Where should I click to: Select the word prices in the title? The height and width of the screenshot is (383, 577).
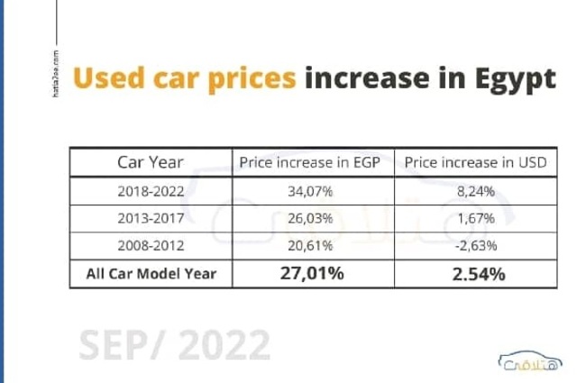[252, 79]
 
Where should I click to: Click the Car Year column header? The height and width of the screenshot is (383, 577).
[151, 163]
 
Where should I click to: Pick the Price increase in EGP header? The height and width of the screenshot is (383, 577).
[312, 163]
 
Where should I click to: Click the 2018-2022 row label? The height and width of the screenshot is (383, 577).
[151, 191]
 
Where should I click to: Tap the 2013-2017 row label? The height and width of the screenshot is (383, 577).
[151, 218]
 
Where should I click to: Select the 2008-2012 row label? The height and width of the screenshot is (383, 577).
[151, 245]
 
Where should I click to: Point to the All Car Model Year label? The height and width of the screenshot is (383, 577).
[151, 273]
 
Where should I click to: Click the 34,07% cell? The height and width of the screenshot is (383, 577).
[312, 191]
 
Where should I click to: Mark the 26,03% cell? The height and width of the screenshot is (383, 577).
[312, 218]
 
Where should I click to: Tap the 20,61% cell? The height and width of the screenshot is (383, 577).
[312, 245]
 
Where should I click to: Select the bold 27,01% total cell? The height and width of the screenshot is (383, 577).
[312, 273]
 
